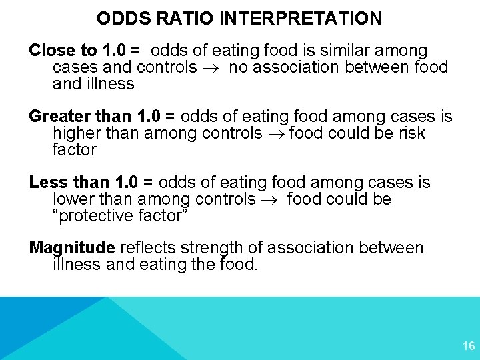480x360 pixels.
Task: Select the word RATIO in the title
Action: (179, 18)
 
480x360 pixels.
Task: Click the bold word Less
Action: (46, 183)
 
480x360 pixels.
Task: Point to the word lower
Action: (74, 199)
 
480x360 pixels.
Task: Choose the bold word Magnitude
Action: (72, 248)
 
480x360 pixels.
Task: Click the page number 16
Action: (468, 346)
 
